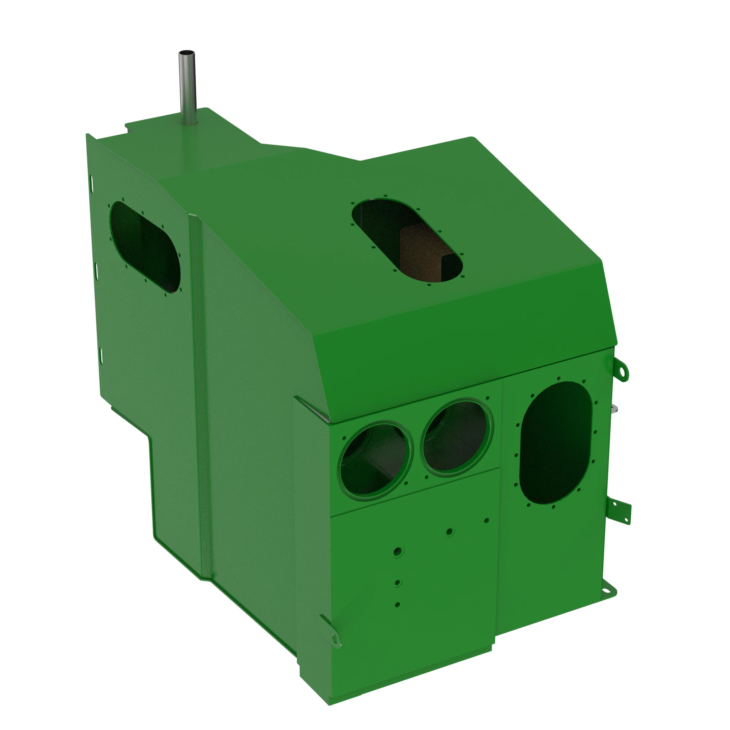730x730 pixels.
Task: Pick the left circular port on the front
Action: click(375, 459)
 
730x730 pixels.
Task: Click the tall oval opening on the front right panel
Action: click(556, 442)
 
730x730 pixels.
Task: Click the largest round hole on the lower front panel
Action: click(397, 552)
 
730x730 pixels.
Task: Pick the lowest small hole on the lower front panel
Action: click(397, 604)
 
